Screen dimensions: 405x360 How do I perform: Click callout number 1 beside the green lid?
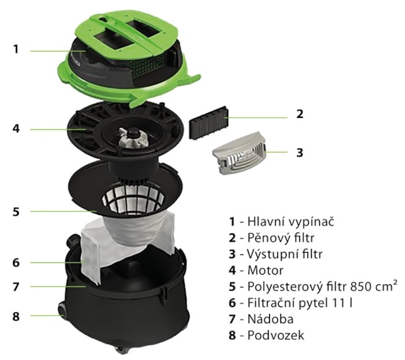16,49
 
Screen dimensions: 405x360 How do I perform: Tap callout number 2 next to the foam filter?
299,114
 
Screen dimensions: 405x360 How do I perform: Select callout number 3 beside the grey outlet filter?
299,152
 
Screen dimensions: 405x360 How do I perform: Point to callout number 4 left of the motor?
16,128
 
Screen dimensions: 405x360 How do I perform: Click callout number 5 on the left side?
16,211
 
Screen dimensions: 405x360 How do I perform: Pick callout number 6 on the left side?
16,263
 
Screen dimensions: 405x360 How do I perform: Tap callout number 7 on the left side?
16,286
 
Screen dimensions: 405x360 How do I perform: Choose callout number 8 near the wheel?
16,316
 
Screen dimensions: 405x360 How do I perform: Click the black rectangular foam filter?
209,123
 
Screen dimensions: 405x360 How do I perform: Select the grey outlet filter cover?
240,153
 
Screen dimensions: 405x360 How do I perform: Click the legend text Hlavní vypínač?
291,222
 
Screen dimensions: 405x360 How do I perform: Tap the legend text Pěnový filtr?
281,238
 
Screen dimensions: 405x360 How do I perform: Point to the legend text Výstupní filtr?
285,254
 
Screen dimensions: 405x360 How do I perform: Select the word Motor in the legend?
265,270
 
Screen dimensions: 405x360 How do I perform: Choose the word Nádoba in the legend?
271,319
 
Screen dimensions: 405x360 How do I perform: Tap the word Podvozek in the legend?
276,335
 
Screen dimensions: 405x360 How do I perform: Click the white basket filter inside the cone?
134,199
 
